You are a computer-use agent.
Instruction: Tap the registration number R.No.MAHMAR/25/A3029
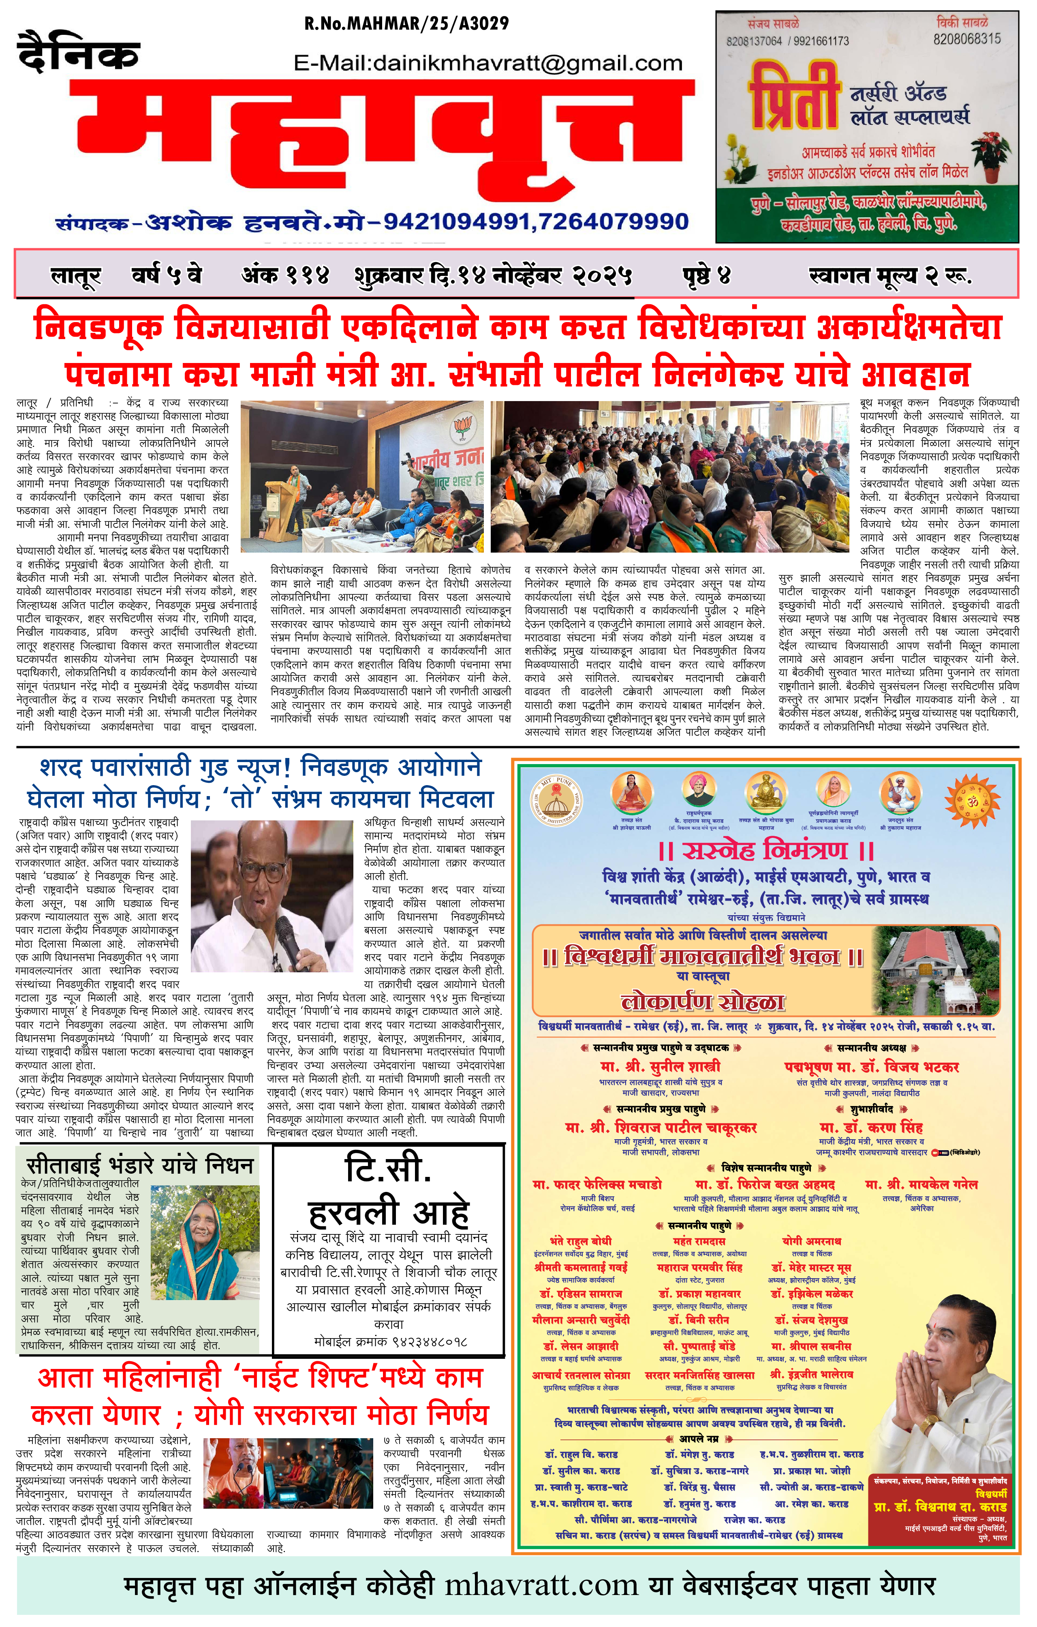click(x=406, y=23)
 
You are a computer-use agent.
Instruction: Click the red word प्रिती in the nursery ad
click(x=794, y=96)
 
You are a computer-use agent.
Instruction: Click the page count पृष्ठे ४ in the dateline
click(x=706, y=275)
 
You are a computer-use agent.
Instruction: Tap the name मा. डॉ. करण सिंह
click(x=871, y=1128)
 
